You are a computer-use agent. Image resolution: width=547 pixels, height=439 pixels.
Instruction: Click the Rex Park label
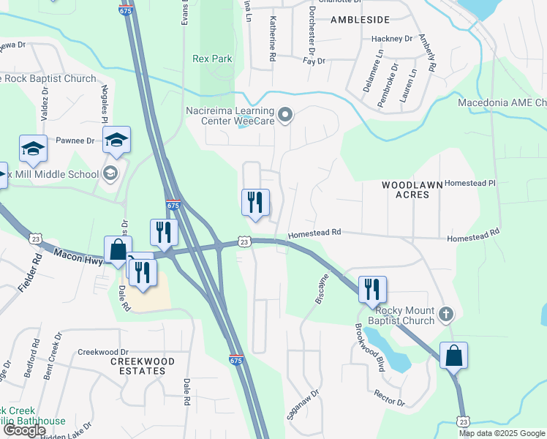[211, 59]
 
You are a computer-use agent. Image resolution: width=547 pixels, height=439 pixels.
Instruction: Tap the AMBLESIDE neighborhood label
[360, 20]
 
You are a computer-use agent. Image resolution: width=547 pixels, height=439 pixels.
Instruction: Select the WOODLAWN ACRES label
[412, 191]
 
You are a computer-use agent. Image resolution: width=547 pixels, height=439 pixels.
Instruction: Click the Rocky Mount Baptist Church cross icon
[446, 315]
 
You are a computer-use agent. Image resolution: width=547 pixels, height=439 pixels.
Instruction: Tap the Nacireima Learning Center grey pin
[285, 115]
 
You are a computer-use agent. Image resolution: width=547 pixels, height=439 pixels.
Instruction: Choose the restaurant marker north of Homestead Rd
[255, 203]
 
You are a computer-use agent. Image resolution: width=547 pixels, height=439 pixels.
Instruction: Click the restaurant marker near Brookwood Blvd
[372, 290]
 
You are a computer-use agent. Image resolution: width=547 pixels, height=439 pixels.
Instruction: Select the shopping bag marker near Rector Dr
[453, 356]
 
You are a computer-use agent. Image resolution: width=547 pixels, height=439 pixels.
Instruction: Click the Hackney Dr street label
[392, 38]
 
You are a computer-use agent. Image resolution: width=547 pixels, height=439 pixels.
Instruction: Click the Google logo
[24, 430]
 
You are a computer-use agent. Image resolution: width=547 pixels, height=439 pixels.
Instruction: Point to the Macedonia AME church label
[502, 102]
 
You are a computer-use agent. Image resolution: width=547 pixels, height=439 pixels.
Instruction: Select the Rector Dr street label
[389, 399]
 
